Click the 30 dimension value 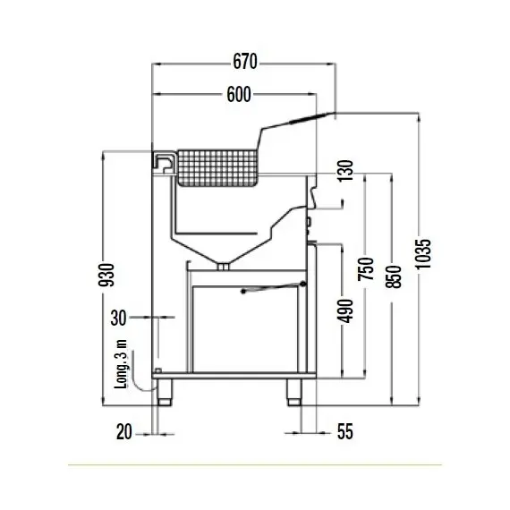coord(119,316)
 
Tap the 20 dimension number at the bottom coord(124,432)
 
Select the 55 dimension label coord(345,432)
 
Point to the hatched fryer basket coord(217,166)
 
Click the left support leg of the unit coord(165,392)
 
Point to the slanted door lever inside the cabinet coord(274,286)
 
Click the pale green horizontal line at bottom coord(255,465)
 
